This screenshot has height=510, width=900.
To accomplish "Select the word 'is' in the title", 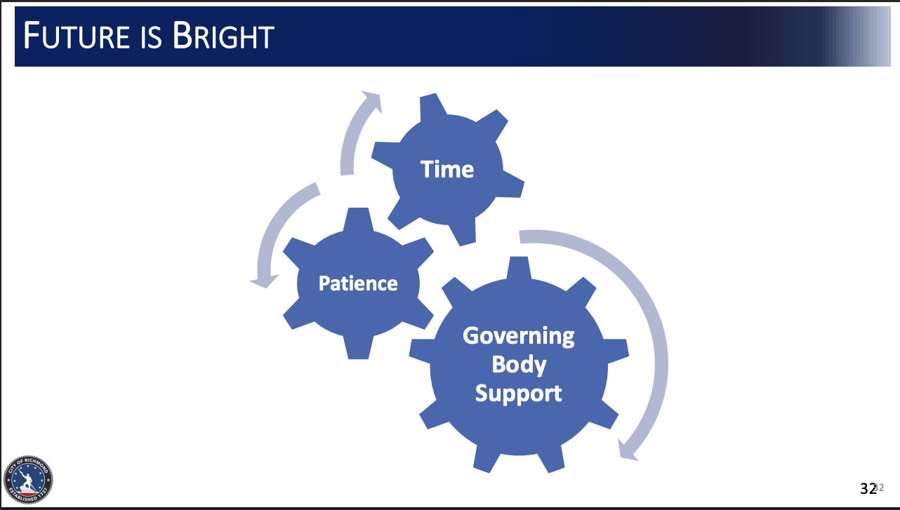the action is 151,37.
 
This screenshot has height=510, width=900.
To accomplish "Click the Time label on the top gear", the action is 447,169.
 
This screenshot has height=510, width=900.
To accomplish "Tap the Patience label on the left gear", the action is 358,283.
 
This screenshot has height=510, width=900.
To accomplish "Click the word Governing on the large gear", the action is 519,337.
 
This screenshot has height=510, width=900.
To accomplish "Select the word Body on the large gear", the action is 519,365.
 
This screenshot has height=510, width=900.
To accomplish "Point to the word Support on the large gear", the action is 518,394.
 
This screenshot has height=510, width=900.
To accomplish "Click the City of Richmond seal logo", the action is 28,479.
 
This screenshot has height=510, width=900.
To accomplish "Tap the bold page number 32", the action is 868,489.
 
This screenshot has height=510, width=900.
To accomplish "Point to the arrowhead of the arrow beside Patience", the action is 264,281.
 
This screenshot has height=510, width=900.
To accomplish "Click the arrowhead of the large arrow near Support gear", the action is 627,450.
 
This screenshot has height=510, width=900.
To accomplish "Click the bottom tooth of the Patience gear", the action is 358,347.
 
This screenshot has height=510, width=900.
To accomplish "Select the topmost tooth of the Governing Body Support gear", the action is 519,268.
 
